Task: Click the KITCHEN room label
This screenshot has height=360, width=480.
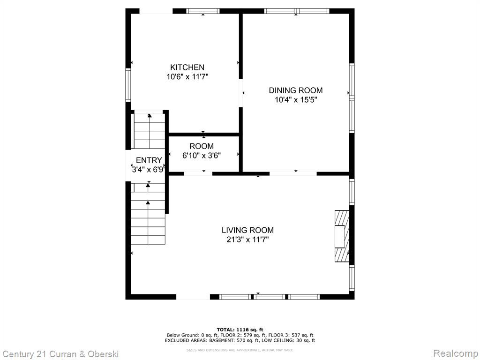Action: pyautogui.click(x=187, y=67)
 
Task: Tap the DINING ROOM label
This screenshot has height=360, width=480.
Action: pyautogui.click(x=296, y=90)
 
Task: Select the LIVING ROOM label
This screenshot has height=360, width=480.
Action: pyautogui.click(x=247, y=230)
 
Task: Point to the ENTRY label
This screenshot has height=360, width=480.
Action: pyautogui.click(x=149, y=160)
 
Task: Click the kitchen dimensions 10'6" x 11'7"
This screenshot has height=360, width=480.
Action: pyautogui.click(x=187, y=76)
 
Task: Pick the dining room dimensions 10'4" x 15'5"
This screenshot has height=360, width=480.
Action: pyautogui.click(x=296, y=100)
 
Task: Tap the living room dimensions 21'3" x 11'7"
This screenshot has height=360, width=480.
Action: pyautogui.click(x=247, y=240)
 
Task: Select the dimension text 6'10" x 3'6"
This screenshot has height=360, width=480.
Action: pyautogui.click(x=202, y=156)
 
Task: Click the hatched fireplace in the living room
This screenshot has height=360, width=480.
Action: pyautogui.click(x=342, y=236)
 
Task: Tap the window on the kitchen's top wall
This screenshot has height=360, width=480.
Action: pyautogui.click(x=203, y=11)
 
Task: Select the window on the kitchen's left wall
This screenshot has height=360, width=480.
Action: pyautogui.click(x=128, y=85)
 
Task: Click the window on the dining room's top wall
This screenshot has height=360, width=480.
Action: pyautogui.click(x=297, y=11)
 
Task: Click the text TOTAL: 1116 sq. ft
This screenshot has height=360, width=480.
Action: pyautogui.click(x=240, y=330)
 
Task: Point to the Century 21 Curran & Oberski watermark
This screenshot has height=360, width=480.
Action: pyautogui.click(x=60, y=354)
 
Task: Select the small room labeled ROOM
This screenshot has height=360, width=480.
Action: pyautogui.click(x=204, y=154)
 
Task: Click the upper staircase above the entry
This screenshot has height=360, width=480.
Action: pyautogui.click(x=150, y=131)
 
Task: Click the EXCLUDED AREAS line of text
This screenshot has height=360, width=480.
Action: pyautogui.click(x=240, y=340)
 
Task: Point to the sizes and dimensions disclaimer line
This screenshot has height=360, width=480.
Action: pyautogui.click(x=240, y=350)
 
